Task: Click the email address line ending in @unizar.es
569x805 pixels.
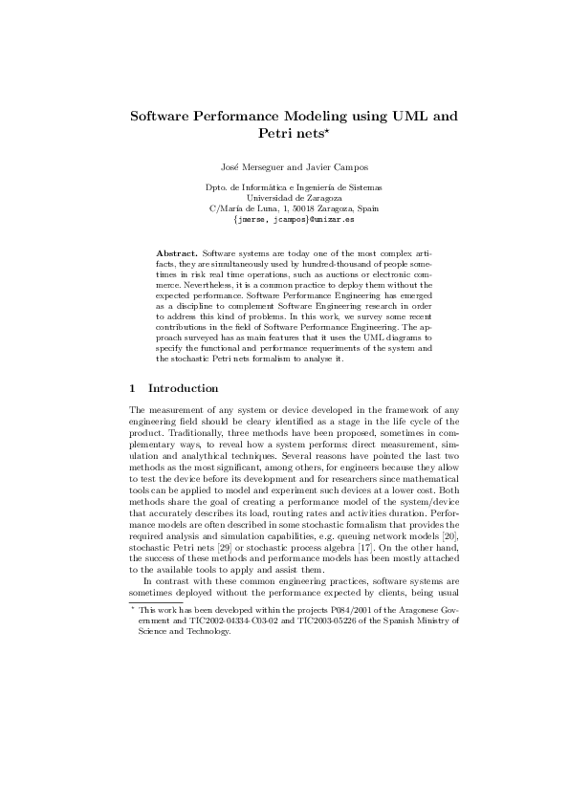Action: pos(284,219)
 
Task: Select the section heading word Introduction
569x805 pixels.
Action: pos(183,389)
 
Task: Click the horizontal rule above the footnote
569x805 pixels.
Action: pos(154,602)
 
